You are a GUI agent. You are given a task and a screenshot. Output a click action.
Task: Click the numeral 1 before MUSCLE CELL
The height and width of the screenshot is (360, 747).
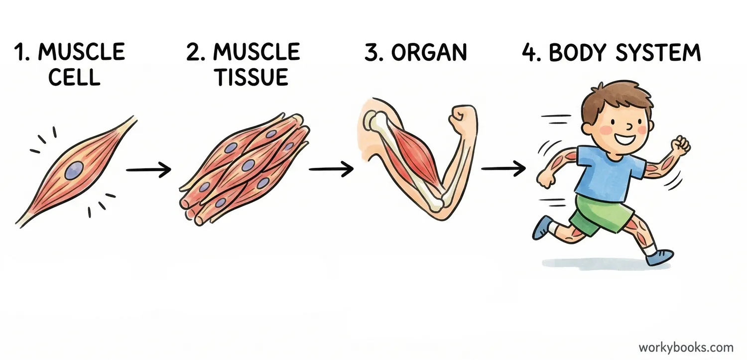pyautogui.click(x=21, y=53)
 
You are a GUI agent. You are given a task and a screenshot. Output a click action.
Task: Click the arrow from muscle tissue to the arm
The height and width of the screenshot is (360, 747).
pyautogui.click(x=331, y=169)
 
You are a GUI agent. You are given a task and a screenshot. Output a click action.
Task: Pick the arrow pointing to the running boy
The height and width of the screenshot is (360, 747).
pyautogui.click(x=503, y=169)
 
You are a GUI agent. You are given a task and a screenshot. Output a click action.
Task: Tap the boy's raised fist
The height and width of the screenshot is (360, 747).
pyautogui.click(x=680, y=144)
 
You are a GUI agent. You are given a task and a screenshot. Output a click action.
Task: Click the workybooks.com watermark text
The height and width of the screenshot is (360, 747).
pyautogui.click(x=686, y=347)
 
